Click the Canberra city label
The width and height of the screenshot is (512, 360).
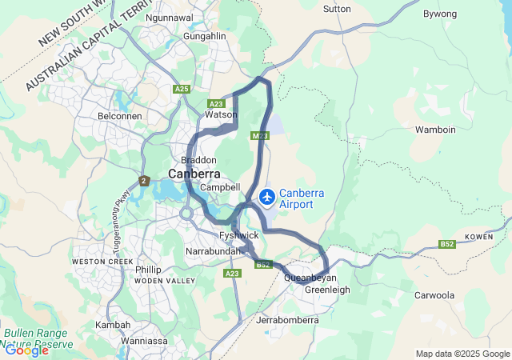tap(194, 174)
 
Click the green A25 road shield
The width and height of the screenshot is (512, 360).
tap(182, 89)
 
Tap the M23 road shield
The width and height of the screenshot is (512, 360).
tap(260, 136)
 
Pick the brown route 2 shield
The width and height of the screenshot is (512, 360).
tap(144, 182)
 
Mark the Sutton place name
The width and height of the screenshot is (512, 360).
tap(336, 9)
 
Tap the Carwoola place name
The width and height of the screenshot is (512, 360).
tap(434, 295)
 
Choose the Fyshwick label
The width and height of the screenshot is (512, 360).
tap(238, 235)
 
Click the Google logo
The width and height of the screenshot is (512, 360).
tap(26, 350)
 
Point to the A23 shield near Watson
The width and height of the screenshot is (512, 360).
tap(216, 104)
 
